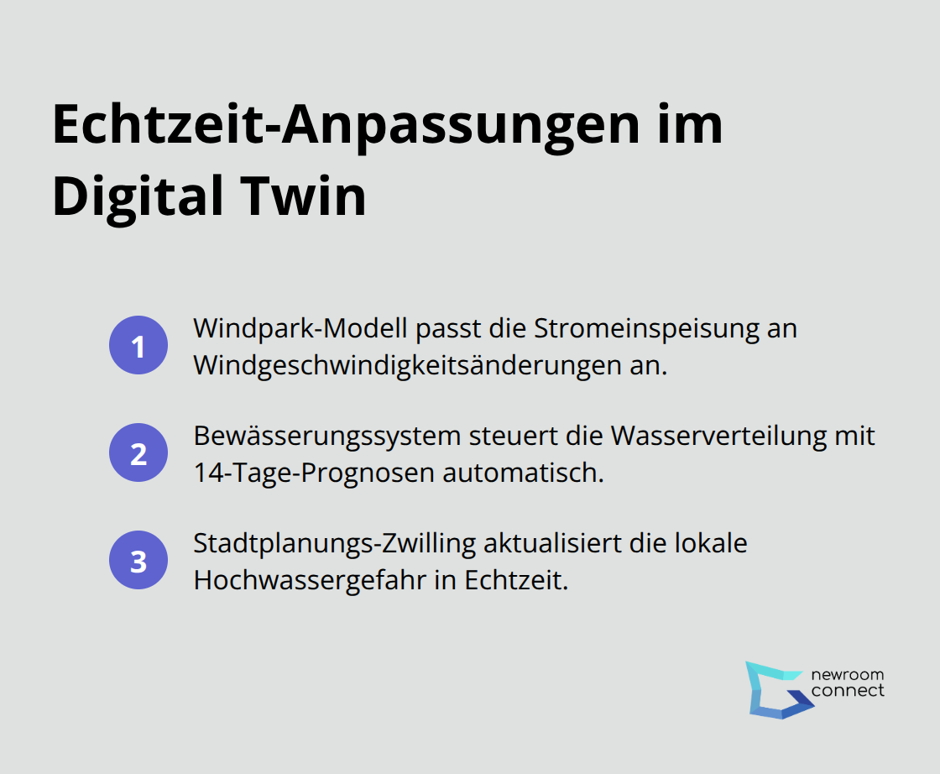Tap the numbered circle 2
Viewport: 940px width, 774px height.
138,454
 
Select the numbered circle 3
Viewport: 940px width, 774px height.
138,561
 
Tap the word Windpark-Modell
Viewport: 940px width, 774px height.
300,328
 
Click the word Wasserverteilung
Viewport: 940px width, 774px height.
716,436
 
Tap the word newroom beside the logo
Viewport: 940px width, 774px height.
848,674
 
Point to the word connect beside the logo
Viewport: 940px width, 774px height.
848,691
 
